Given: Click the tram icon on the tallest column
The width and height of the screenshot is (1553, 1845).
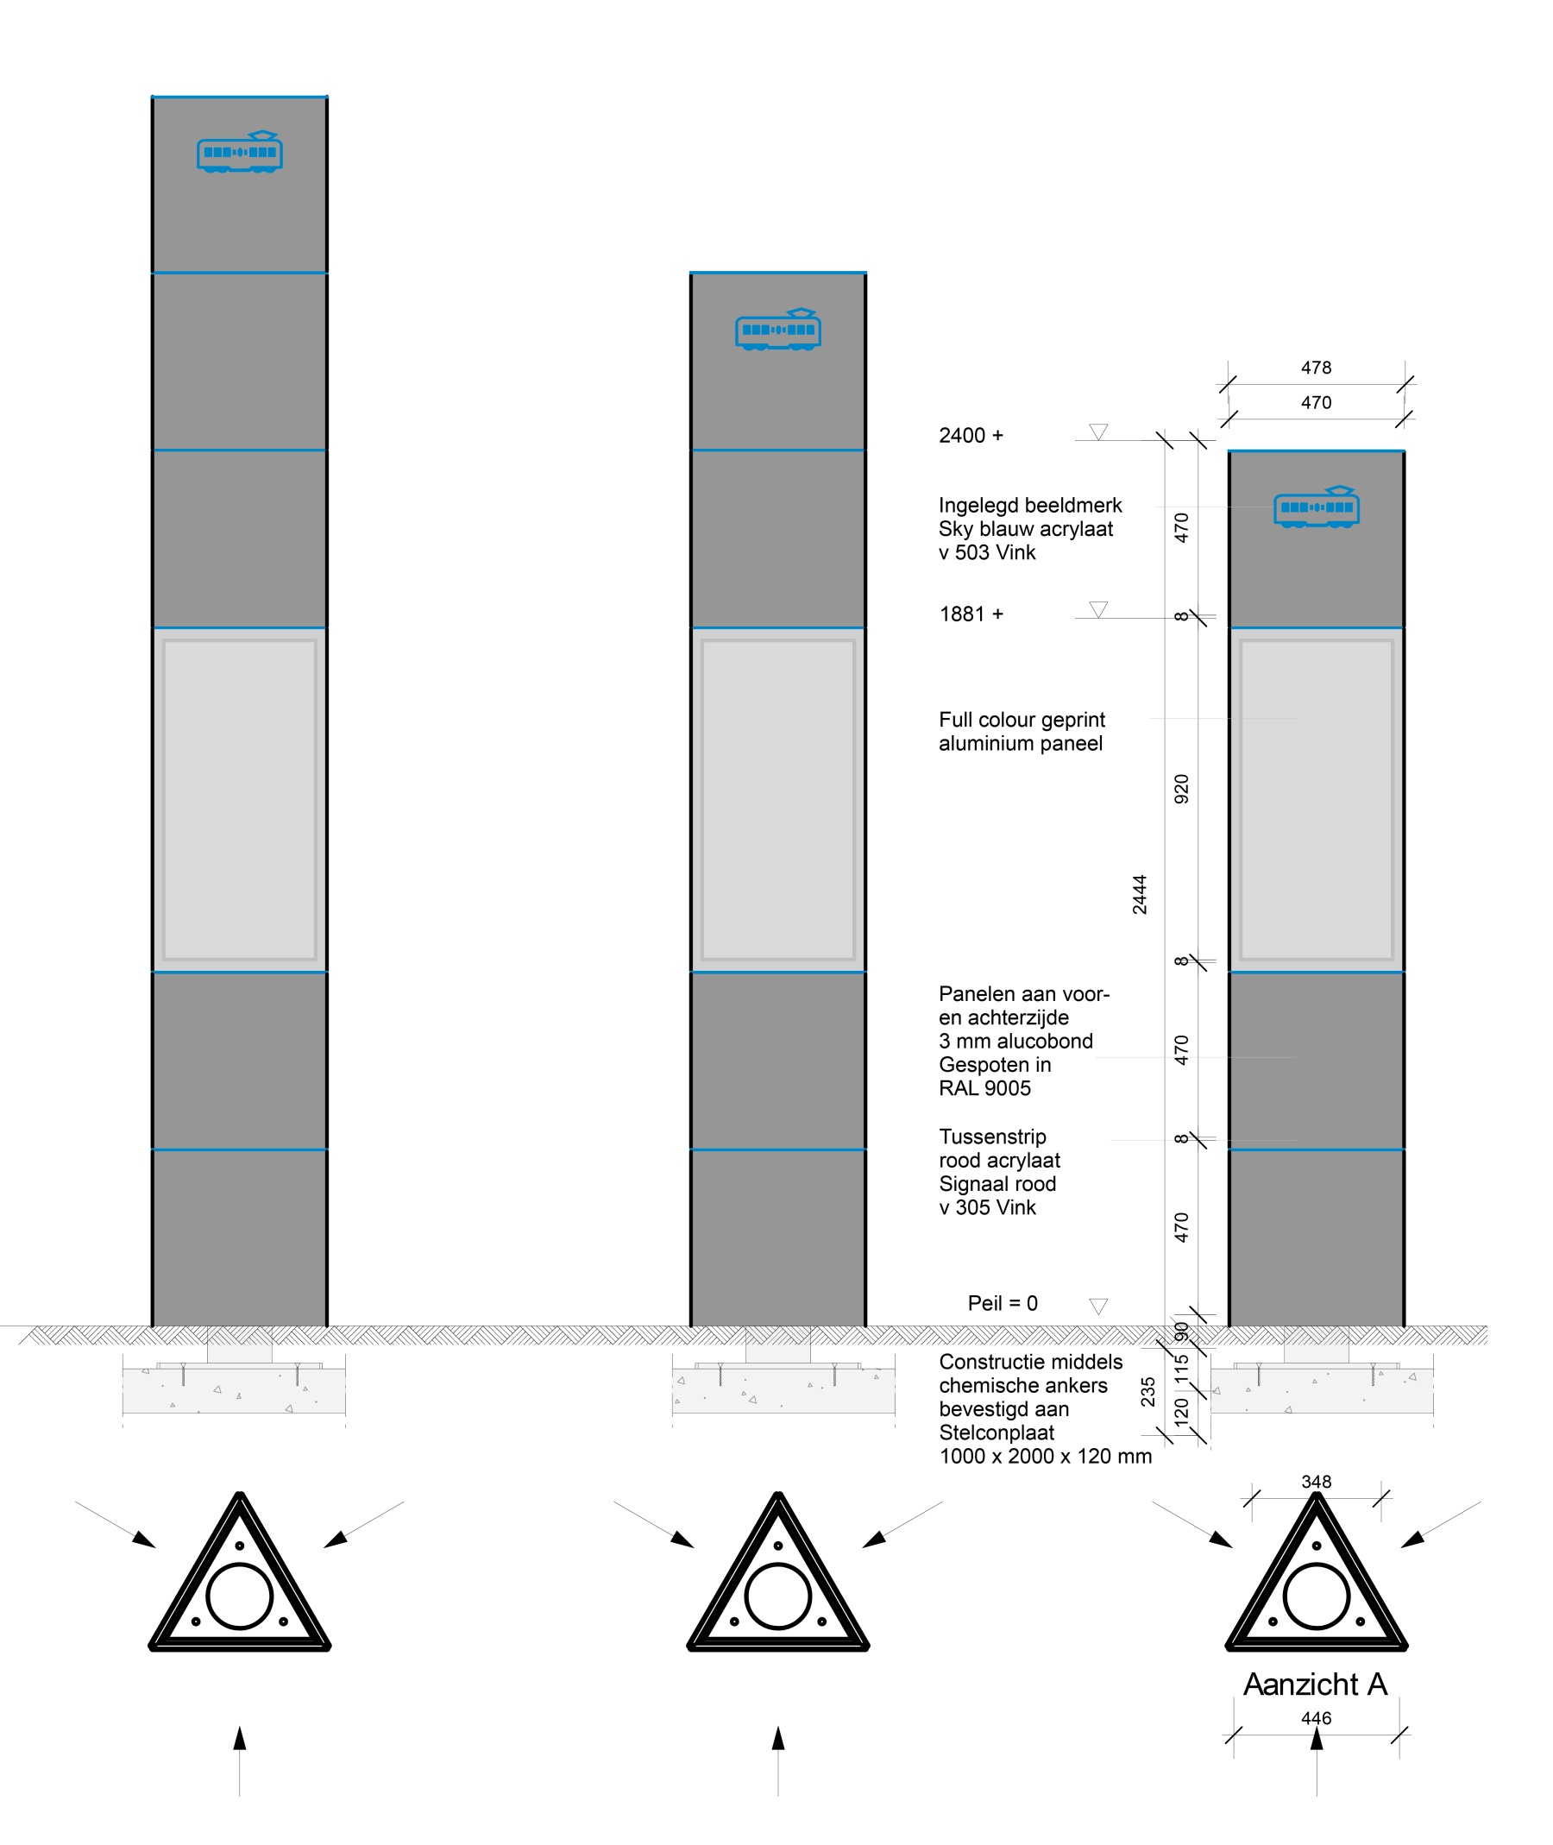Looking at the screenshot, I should pos(240,152).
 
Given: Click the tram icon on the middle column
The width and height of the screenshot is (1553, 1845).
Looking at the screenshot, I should pos(778,329).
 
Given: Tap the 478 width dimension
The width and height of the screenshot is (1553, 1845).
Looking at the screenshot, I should pos(1317,368).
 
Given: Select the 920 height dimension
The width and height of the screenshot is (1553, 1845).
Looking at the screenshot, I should pos(1181,788).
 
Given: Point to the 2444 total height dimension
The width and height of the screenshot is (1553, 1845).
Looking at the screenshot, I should pos(1139,894).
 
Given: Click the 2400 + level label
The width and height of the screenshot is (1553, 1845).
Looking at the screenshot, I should pos(971,435).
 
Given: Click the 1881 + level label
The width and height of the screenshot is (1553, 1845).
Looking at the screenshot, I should pos(971,614).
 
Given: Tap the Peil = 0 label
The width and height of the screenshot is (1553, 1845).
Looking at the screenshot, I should pos(1003,1302).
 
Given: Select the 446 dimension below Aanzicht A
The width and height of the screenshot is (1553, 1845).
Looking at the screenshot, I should pos(1317,1718).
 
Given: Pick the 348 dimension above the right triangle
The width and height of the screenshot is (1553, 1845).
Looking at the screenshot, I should pos(1317,1483).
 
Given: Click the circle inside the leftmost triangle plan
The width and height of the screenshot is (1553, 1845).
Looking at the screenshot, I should pos(240,1596).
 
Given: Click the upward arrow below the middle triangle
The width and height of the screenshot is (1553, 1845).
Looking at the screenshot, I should pos(778,1740).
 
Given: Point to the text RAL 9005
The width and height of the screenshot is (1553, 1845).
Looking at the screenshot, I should pos(984,1087).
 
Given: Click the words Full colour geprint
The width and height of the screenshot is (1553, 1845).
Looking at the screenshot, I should pos(1022,720).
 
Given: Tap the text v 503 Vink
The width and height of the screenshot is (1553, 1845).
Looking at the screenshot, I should pos(987,552).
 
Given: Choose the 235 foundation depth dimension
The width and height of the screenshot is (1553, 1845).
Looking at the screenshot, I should pos(1148,1392).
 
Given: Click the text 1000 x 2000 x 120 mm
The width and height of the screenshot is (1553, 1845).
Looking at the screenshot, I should pos(1045,1456).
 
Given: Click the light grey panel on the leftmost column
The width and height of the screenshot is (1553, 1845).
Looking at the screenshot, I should pos(240,799).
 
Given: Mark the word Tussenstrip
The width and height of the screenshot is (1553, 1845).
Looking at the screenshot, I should pos(992,1136).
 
